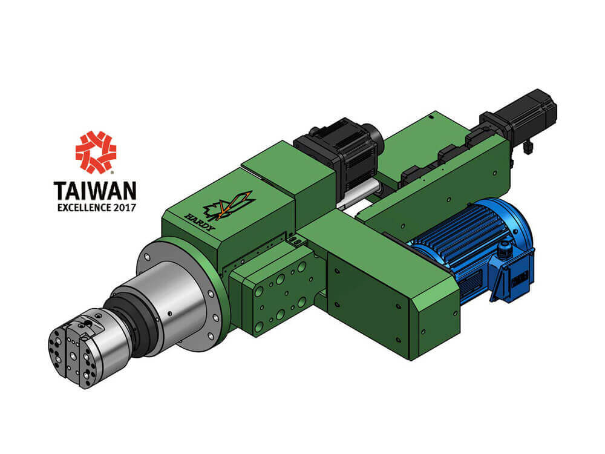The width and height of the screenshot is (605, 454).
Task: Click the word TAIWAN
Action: pos(96,191)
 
